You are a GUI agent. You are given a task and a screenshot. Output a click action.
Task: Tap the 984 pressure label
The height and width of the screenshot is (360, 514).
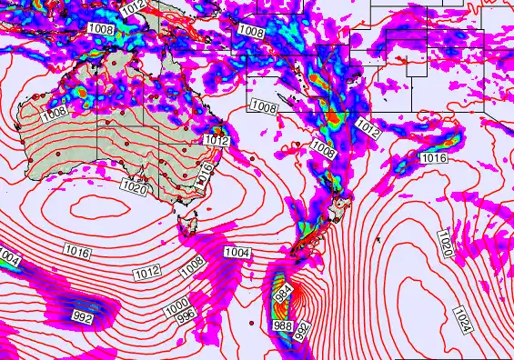point(282,293)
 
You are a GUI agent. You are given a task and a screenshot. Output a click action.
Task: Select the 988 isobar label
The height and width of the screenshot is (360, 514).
point(283,325)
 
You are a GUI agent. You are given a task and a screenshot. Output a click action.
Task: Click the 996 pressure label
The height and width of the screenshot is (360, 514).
point(186,317)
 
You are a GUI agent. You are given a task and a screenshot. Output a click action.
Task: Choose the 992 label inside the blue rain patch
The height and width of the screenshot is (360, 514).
point(82,316)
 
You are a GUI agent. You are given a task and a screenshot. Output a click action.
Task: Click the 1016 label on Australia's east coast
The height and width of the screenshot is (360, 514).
point(207,172)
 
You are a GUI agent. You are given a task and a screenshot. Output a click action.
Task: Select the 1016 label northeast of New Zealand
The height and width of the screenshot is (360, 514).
point(434,158)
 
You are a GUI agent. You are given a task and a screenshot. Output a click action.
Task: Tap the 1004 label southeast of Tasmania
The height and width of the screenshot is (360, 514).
point(237,252)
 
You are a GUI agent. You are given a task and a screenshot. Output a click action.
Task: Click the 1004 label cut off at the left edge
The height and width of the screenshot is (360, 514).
point(8,260)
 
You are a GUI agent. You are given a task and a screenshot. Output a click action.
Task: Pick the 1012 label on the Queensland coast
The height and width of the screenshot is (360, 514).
point(217,140)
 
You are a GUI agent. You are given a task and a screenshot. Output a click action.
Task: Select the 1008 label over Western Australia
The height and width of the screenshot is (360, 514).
point(54,112)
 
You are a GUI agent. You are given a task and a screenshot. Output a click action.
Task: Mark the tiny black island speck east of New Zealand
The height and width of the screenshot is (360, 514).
point(378,239)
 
